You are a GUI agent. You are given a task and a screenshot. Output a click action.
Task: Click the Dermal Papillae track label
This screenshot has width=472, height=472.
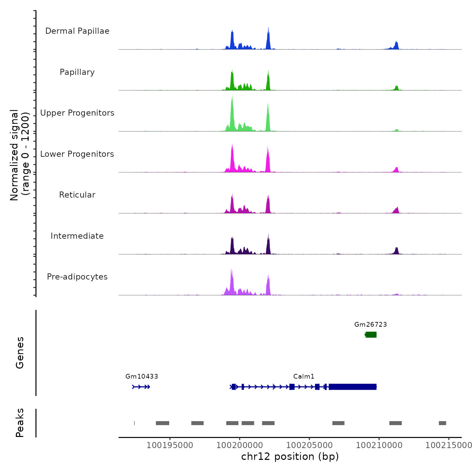coord(77,31)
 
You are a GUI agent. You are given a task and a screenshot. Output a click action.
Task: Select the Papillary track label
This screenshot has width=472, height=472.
coord(77,72)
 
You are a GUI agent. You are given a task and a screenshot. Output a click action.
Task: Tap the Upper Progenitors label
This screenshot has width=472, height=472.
coord(77,113)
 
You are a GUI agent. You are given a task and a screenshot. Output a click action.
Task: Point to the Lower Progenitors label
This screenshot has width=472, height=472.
coord(77,154)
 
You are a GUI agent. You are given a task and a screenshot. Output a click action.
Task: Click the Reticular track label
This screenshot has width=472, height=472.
coord(77,195)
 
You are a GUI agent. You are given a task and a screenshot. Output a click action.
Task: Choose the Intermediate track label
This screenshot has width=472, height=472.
coord(77,236)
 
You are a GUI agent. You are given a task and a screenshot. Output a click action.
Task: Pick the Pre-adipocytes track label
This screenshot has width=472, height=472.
coord(77,277)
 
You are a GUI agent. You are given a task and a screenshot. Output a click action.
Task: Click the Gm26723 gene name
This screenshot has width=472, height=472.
coord(371,324)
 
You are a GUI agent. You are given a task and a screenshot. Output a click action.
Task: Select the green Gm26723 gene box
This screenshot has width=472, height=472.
coord(371,334)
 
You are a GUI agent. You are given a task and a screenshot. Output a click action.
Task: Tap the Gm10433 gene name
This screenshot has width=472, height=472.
coord(142,376)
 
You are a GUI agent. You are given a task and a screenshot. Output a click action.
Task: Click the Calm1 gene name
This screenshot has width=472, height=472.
coord(304,376)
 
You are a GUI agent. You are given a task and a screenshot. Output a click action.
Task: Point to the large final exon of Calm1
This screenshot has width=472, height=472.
coord(352,387)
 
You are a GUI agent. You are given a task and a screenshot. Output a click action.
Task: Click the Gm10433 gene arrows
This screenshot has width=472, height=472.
coord(141,387)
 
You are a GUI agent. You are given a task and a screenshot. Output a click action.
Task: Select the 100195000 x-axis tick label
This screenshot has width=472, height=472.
coord(170,445)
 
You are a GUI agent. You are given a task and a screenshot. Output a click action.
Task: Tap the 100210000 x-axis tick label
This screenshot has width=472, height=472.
coord(379,445)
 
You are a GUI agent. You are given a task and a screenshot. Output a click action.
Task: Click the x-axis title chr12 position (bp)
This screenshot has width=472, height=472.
coord(290,456)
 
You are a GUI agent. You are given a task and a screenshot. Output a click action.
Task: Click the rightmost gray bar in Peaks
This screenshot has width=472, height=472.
coord(442,423)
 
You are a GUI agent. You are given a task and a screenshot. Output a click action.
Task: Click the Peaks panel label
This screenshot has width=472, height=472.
coord(20,423)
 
